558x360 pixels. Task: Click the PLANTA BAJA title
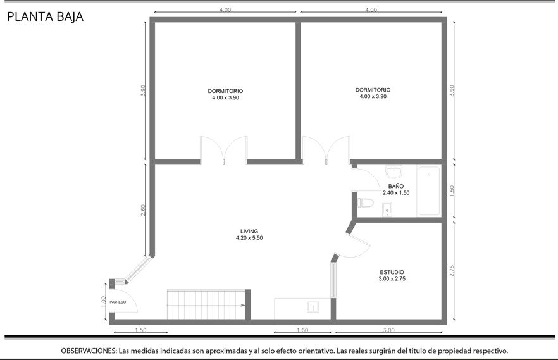(x=45, y=16)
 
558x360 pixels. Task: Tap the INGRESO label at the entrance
(x=118, y=302)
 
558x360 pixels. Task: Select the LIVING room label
(x=249, y=231)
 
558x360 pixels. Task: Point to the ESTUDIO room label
(x=392, y=272)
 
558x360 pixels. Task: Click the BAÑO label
(x=396, y=186)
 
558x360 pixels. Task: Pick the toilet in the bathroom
(x=366, y=202)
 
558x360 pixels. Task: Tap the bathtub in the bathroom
(x=429, y=190)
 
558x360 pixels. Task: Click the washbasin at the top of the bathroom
(x=394, y=172)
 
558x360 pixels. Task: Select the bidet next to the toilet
(x=387, y=209)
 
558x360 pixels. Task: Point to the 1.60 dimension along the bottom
(x=302, y=330)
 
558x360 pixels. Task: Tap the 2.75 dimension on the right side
(x=452, y=271)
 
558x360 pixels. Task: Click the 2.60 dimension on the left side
(x=143, y=210)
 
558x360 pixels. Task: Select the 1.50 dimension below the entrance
(x=140, y=330)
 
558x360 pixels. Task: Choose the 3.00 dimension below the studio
(x=388, y=330)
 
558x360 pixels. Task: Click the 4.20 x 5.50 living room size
(x=249, y=238)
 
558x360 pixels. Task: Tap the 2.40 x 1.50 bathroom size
(x=396, y=193)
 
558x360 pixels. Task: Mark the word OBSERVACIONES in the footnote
(x=89, y=351)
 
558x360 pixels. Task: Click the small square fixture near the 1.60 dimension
(x=313, y=306)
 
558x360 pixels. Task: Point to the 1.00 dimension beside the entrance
(x=104, y=302)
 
